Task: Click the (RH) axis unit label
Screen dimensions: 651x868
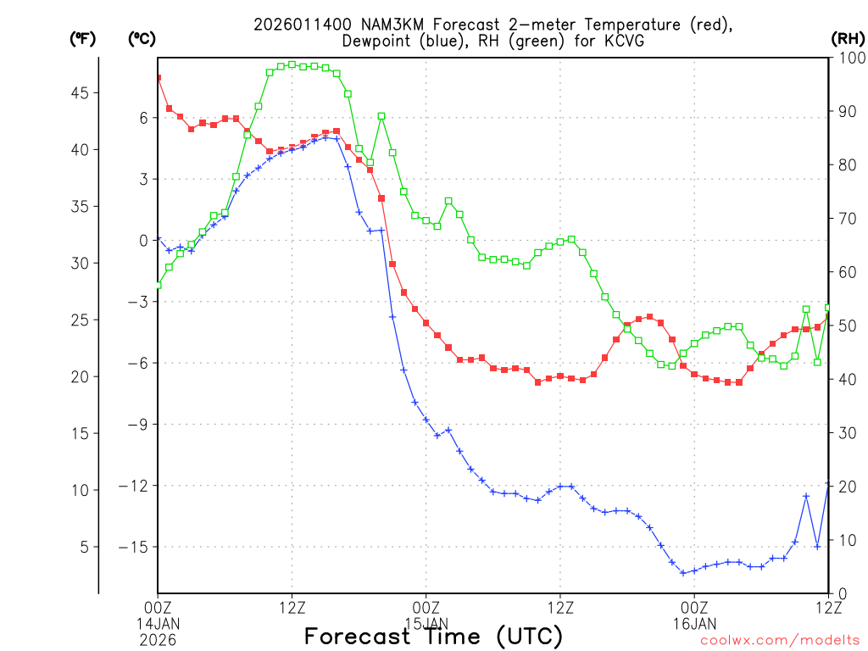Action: tap(846, 38)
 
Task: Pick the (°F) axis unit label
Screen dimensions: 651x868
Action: tap(82, 38)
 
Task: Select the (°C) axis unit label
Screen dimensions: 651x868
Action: tap(141, 38)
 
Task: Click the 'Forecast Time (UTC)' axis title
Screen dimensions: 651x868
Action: tap(433, 636)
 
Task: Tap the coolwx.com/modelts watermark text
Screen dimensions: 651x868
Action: tap(780, 641)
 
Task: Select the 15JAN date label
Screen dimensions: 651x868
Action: tap(426, 622)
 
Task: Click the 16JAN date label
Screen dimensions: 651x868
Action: tap(694, 622)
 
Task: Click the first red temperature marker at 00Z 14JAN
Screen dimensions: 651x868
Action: tap(158, 78)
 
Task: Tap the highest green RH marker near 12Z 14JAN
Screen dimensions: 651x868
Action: tap(292, 64)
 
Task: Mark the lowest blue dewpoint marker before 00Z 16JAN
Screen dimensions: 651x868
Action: tap(682, 573)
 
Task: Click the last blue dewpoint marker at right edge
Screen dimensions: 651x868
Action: tap(828, 484)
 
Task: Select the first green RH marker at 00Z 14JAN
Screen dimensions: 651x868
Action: tap(158, 285)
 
